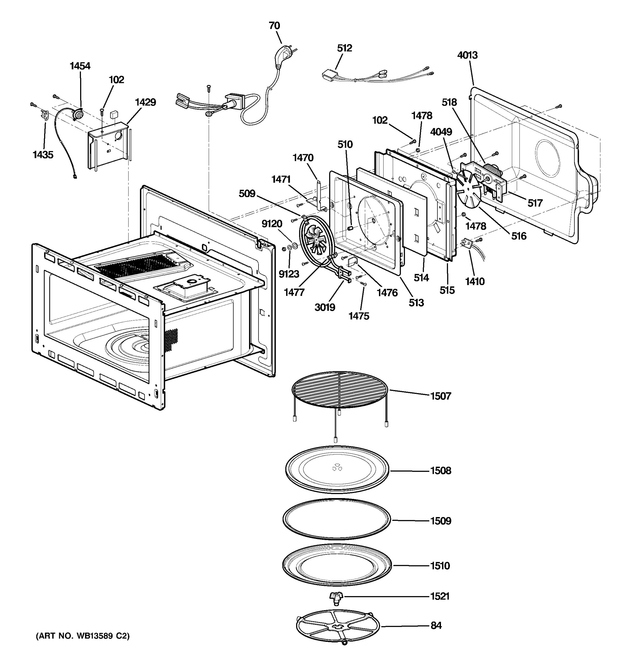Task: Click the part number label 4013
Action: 467,55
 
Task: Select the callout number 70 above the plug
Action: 274,26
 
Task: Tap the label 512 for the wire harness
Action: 344,48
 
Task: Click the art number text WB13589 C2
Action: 83,636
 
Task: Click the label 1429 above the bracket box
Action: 145,102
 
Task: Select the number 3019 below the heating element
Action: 325,307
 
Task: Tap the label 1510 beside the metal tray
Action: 440,566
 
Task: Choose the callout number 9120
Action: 272,224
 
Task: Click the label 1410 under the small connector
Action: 475,281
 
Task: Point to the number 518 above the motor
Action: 449,102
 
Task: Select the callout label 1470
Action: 303,158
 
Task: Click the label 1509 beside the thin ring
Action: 440,521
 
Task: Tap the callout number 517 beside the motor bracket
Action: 535,203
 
